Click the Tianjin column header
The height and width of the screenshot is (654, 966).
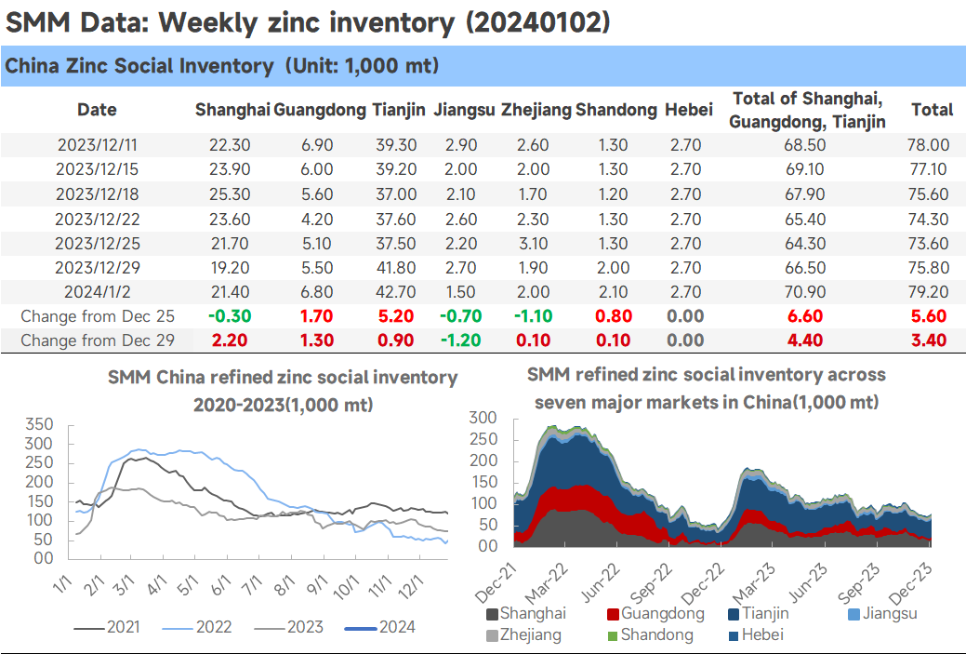398,110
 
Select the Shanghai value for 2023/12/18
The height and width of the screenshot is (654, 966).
230,194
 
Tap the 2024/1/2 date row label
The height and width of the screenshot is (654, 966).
98,291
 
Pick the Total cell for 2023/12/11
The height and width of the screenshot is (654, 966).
928,145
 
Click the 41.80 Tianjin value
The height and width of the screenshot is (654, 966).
396,268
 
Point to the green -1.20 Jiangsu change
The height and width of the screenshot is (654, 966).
461,340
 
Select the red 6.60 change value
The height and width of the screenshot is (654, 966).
805,316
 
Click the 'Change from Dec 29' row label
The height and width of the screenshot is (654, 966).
98,340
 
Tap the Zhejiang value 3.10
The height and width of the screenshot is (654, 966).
533,244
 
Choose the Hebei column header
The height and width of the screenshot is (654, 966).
689,110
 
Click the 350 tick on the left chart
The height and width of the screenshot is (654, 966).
39,424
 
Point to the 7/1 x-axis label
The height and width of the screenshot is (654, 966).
251,585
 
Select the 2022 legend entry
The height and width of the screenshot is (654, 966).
197,627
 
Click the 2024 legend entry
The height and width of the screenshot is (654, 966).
380,627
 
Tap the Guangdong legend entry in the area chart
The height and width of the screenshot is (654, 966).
656,613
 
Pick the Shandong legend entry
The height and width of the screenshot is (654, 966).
651,634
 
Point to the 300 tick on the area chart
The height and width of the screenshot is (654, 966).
483,418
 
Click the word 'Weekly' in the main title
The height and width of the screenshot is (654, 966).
207,23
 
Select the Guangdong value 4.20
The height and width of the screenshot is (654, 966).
317,219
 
